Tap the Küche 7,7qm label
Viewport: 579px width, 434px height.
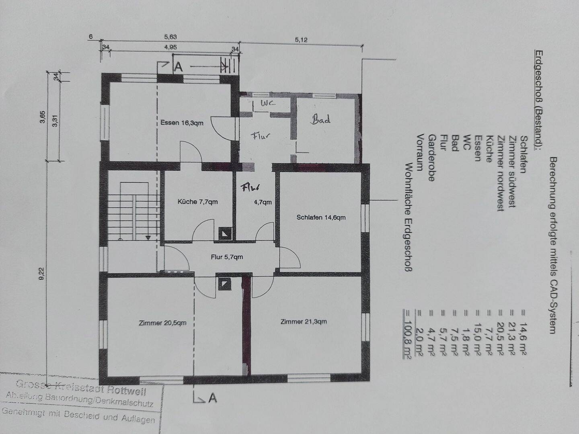[197, 202]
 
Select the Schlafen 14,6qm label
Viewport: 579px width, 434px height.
[321, 217]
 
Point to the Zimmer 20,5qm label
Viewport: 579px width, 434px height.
[162, 323]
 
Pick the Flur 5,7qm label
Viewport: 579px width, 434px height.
[227, 257]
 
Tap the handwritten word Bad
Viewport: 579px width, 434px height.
[321, 119]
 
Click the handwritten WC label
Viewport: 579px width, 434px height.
[268, 103]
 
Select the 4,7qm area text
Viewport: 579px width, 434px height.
[263, 202]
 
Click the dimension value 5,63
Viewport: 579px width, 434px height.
[170, 37]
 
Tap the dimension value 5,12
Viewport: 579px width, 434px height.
[301, 40]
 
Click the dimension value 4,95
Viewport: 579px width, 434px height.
[170, 47]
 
